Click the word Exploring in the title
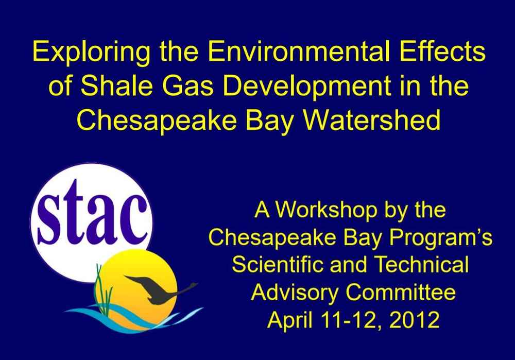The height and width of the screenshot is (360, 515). pyautogui.click(x=92, y=53)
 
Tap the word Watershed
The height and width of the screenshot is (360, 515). pyautogui.click(x=371, y=120)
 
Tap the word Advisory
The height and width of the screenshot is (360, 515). pyautogui.click(x=294, y=293)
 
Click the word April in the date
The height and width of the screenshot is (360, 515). pyautogui.click(x=289, y=320)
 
